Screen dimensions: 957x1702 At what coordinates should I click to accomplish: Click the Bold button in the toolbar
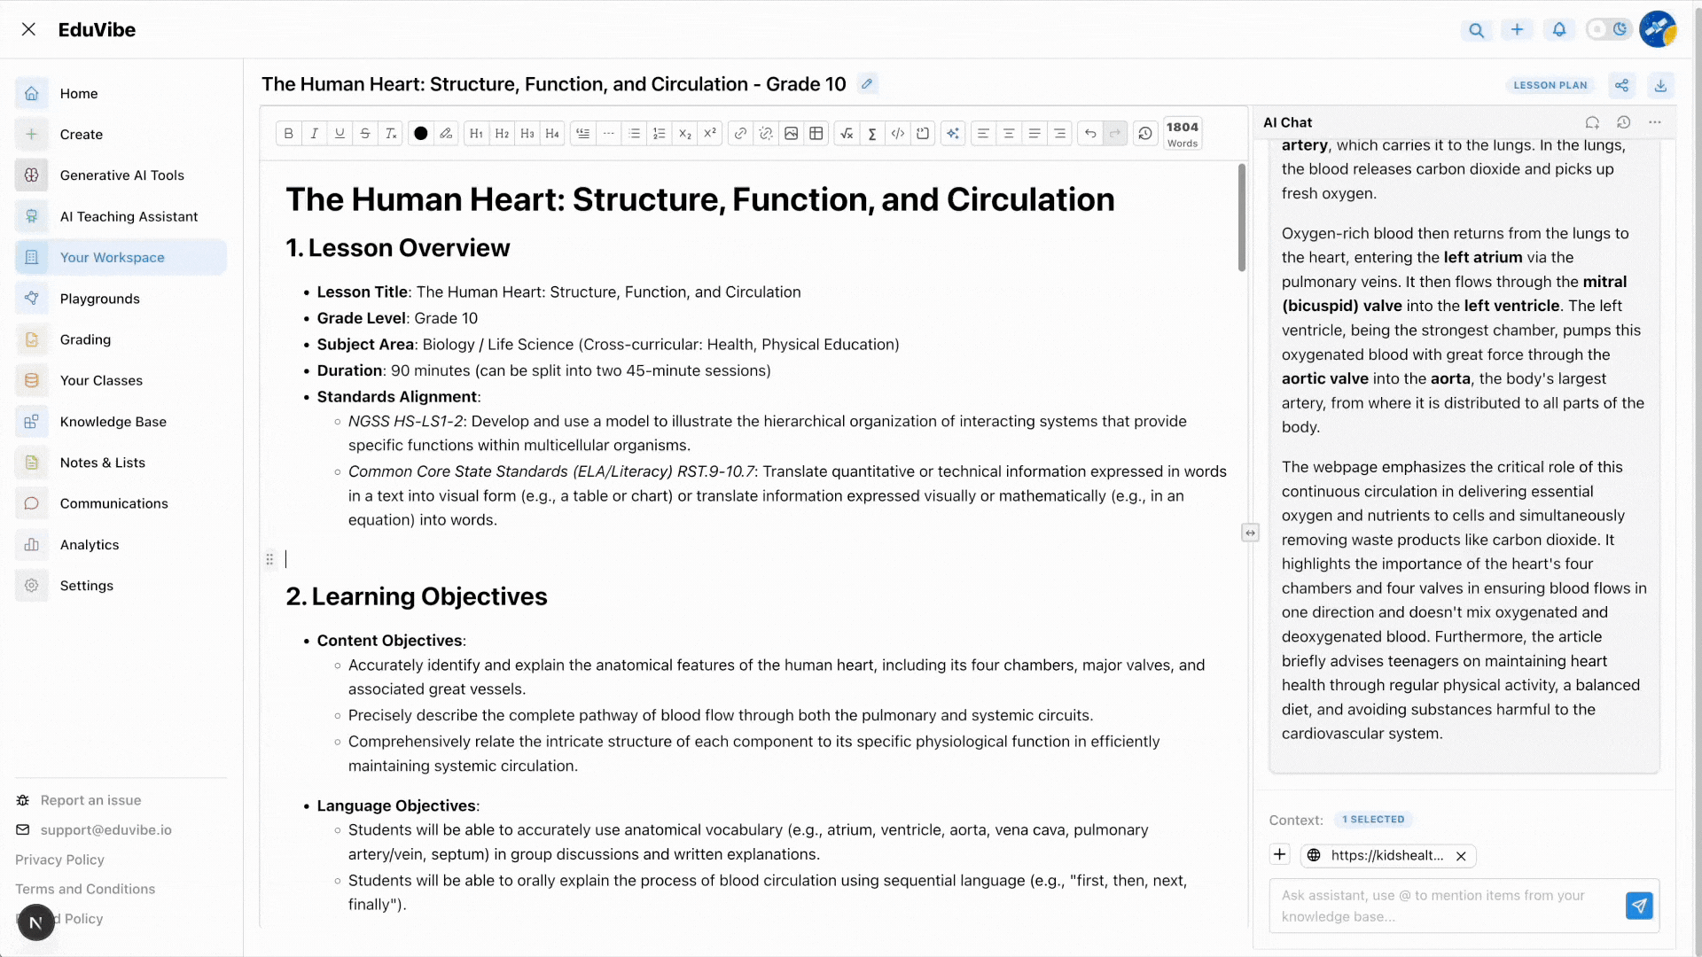288,134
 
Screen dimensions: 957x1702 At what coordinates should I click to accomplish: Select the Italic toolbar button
314,134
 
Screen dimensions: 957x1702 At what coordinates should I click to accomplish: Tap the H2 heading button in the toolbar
502,134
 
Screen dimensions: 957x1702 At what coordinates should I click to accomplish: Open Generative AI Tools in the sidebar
121,175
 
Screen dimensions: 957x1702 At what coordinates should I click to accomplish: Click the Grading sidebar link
85,339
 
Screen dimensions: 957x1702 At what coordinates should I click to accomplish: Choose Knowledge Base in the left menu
113,422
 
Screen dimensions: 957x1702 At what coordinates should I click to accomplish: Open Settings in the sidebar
86,586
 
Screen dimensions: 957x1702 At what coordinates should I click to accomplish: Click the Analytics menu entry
89,545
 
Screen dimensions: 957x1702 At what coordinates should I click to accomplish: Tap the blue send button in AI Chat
1639,906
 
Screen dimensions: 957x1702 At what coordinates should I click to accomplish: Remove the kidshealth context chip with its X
1461,856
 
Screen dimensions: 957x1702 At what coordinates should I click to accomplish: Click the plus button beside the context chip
1279,855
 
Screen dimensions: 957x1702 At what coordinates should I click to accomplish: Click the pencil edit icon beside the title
867,84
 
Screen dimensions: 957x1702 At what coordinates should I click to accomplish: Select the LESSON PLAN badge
1550,85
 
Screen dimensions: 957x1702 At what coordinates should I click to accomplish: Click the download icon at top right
1660,85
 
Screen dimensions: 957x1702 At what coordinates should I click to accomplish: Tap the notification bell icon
1558,30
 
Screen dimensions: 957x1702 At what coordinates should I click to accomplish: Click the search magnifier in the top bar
1476,30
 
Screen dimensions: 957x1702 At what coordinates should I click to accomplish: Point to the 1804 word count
1182,134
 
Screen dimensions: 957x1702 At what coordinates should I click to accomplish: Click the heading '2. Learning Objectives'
416,597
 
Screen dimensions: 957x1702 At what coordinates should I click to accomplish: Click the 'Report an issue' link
90,800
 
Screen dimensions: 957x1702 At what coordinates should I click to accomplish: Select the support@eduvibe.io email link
105,830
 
